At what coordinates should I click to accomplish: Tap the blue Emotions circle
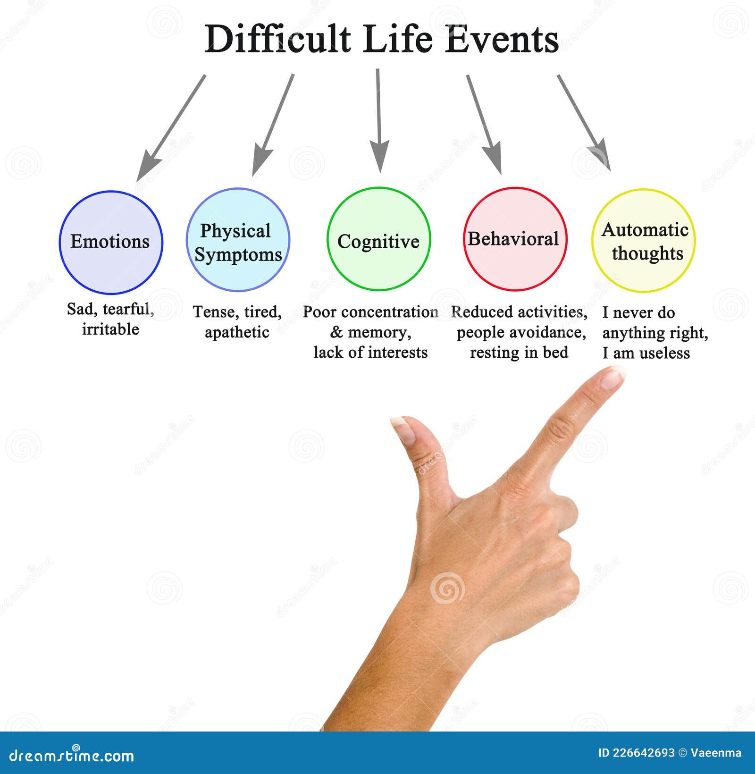click(111, 242)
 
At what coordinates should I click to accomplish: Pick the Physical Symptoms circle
click(238, 240)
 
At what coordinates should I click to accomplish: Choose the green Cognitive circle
click(378, 239)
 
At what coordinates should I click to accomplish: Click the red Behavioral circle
click(515, 239)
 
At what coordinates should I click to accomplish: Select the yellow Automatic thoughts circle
click(644, 241)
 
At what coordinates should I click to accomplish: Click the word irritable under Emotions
click(110, 329)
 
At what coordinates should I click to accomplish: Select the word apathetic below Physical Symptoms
click(237, 332)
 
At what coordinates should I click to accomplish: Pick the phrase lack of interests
click(370, 353)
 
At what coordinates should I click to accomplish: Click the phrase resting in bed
click(519, 353)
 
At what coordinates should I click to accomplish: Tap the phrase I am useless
click(646, 353)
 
